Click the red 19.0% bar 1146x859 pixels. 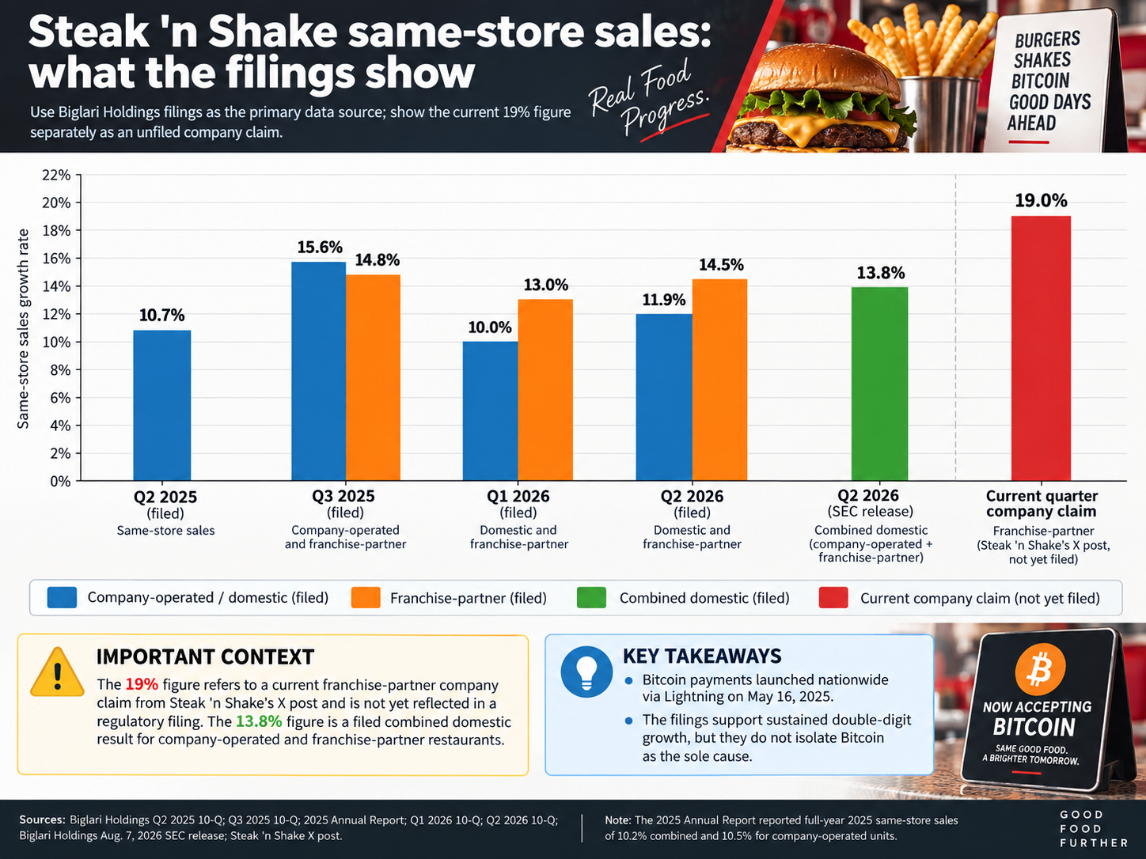(x=1041, y=348)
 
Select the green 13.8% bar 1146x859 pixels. (x=879, y=384)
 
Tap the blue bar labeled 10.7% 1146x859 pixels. (x=162, y=405)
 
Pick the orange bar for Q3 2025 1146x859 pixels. (x=373, y=377)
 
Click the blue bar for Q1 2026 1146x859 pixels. (x=490, y=411)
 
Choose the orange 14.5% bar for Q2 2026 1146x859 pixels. (x=719, y=380)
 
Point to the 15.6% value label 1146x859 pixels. (x=320, y=248)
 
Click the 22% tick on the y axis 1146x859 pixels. (x=56, y=176)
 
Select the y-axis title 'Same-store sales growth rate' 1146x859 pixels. (x=22, y=328)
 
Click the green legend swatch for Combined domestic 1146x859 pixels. (x=591, y=598)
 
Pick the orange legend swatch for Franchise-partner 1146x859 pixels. (x=366, y=598)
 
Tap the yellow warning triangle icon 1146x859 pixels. (x=58, y=673)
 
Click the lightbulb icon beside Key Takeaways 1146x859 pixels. (x=586, y=672)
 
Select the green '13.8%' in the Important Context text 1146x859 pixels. (x=259, y=722)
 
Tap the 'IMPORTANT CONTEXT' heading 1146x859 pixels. (x=205, y=657)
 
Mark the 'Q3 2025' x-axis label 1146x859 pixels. (x=343, y=496)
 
